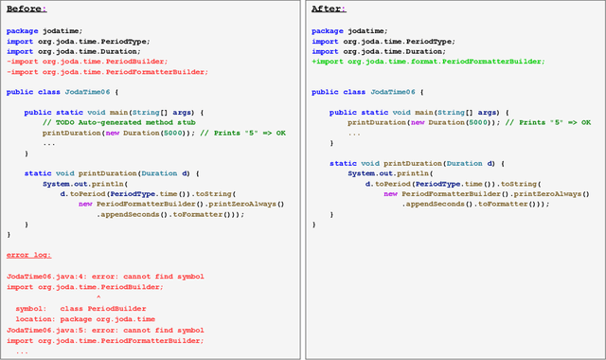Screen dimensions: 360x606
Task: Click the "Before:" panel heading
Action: (x=26, y=9)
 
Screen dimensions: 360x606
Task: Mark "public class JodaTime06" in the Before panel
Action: (x=57, y=92)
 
